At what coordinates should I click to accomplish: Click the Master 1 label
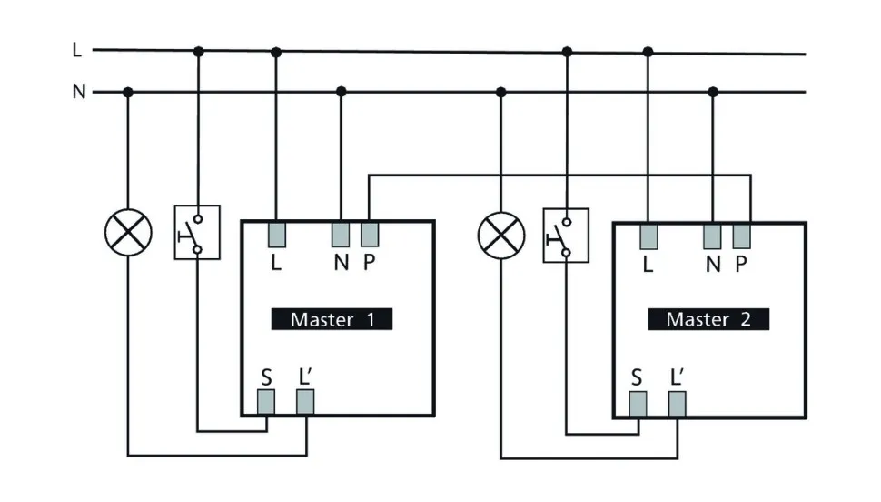tap(332, 319)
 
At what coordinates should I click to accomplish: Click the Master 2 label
tap(708, 319)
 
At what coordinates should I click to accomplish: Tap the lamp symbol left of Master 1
tap(128, 234)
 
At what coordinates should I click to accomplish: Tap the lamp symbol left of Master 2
tap(501, 234)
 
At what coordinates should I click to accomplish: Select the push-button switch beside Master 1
tap(197, 233)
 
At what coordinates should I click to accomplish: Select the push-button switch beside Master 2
tap(566, 236)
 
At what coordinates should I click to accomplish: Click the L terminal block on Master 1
tap(277, 234)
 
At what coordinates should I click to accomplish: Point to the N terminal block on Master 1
tap(342, 234)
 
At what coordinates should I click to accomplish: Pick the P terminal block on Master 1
tap(369, 234)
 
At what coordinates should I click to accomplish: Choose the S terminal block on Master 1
tap(266, 402)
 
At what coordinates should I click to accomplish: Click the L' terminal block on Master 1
tap(305, 402)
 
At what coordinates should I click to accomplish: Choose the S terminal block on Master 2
tap(638, 403)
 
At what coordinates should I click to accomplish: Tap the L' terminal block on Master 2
tap(678, 403)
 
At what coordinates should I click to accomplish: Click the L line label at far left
tap(77, 50)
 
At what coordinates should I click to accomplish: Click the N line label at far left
tap(78, 92)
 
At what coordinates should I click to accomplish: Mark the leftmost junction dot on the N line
tap(128, 92)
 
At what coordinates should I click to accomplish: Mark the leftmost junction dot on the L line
tap(199, 52)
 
